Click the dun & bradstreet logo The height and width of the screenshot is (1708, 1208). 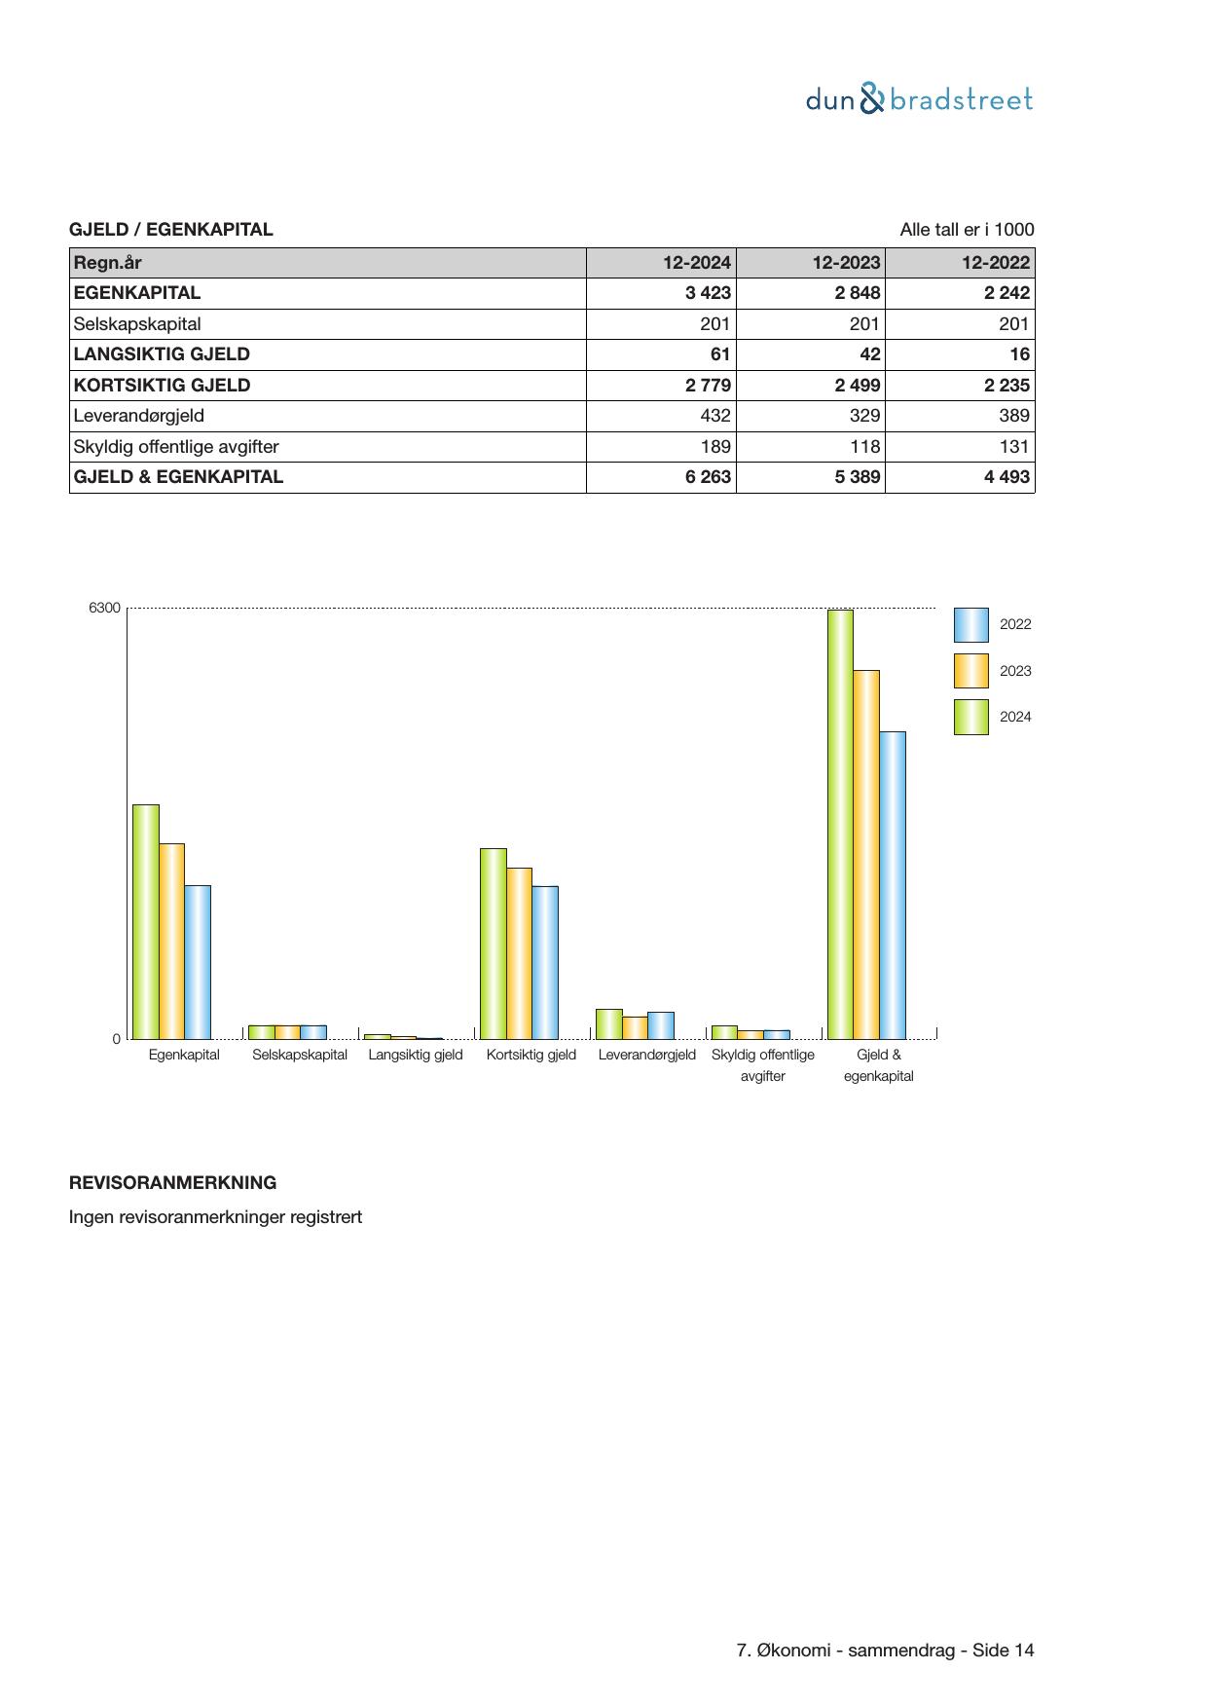tap(919, 99)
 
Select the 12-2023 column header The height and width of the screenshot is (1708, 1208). tap(846, 263)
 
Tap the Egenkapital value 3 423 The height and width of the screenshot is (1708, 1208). tap(708, 293)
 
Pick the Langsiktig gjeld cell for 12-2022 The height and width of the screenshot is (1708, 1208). tap(1019, 354)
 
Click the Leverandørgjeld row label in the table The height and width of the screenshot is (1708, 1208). tap(139, 416)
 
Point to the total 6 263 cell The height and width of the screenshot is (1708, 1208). tap(708, 477)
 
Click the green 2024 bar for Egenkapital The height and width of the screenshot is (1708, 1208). tap(146, 921)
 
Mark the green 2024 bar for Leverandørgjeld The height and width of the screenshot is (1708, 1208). tap(608, 1024)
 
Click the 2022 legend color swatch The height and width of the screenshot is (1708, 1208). tap(970, 625)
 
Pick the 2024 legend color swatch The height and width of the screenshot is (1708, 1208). tap(970, 717)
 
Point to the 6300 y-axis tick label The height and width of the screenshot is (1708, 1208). tap(105, 609)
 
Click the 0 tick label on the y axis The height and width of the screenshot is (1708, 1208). tap(117, 1039)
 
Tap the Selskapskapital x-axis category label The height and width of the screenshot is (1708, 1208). tap(300, 1055)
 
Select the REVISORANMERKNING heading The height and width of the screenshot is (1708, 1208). tap(172, 1183)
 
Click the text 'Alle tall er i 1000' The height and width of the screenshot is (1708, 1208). tap(967, 230)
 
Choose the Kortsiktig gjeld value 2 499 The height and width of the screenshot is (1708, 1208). tap(857, 386)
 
